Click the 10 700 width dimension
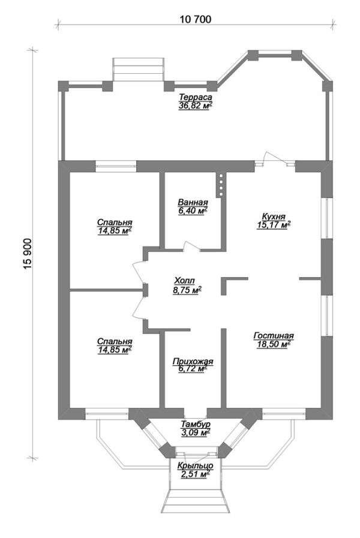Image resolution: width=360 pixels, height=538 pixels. pyautogui.click(x=196, y=20)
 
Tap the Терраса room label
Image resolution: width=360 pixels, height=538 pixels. pyautogui.click(x=195, y=97)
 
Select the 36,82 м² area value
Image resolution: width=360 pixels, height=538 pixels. pyautogui.click(x=195, y=106)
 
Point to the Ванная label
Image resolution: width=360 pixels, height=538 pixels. pyautogui.click(x=193, y=202)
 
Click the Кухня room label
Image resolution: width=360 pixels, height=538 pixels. pyautogui.click(x=274, y=217)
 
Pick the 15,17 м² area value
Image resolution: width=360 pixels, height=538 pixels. pyautogui.click(x=274, y=225)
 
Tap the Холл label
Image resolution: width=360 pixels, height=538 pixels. pyautogui.click(x=185, y=281)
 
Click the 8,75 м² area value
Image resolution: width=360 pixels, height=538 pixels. pyautogui.click(x=187, y=290)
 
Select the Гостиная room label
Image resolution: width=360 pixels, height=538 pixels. pyautogui.click(x=274, y=335)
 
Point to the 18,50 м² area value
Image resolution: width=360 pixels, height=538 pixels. pyautogui.click(x=274, y=344)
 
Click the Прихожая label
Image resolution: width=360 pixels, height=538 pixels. pyautogui.click(x=193, y=361)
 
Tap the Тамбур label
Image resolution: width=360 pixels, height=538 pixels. pyautogui.click(x=195, y=425)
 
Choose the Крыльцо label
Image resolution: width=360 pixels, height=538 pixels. pyautogui.click(x=195, y=465)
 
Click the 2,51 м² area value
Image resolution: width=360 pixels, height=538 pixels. pyautogui.click(x=195, y=474)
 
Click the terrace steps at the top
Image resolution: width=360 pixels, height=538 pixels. pyautogui.click(x=139, y=70)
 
